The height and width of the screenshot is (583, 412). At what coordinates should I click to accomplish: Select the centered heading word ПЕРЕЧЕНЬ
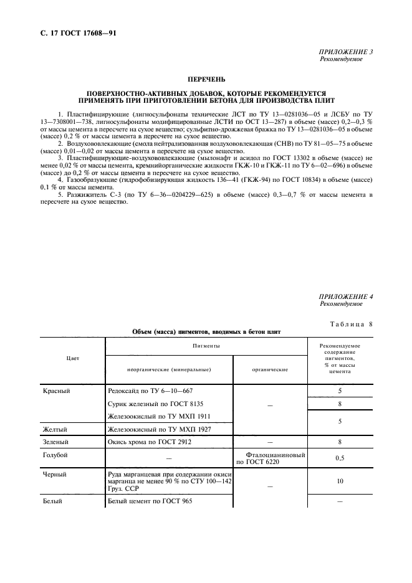pos(206,80)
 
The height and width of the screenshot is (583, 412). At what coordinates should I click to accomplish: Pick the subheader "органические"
pos(270,370)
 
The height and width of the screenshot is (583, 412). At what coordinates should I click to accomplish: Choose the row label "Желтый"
pos(55,429)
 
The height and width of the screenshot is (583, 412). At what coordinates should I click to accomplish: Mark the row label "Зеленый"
pos(56,442)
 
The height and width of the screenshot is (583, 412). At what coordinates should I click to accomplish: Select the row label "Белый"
pos(53,501)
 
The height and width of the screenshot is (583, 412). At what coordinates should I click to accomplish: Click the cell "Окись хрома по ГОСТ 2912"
pos(150,442)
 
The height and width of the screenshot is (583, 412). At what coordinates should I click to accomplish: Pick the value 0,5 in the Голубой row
pos(340,459)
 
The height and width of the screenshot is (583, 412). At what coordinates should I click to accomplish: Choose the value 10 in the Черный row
pos(340,481)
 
